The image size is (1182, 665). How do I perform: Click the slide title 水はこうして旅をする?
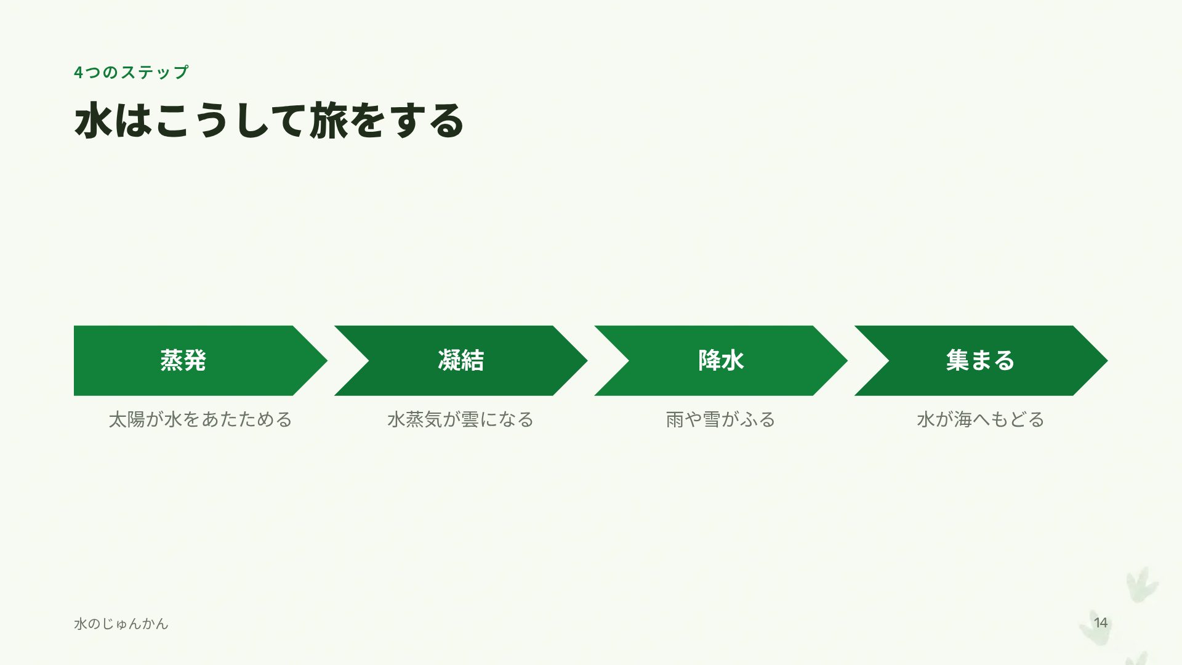click(x=269, y=121)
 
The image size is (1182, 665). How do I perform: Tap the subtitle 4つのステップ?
click(x=131, y=73)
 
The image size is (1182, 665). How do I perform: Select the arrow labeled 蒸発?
click(x=201, y=361)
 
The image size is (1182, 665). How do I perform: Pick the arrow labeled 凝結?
click(x=460, y=361)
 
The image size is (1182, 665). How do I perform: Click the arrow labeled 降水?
click(x=721, y=361)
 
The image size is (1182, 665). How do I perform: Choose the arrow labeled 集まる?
click(x=981, y=361)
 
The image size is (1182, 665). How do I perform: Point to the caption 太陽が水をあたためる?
click(x=201, y=420)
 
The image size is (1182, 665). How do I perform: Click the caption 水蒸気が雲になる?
click(x=460, y=420)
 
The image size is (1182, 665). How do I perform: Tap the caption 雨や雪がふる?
click(x=721, y=420)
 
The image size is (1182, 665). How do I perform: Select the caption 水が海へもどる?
click(x=981, y=420)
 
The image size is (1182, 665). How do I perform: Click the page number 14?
click(x=1101, y=623)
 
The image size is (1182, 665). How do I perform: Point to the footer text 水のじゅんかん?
click(x=121, y=624)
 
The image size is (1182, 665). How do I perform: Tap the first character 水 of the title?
click(x=93, y=121)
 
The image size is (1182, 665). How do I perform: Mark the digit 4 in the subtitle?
click(x=78, y=73)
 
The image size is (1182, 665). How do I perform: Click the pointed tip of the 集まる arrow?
click(x=1107, y=361)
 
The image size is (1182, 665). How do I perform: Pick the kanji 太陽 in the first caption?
click(x=127, y=420)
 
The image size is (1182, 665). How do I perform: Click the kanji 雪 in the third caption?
click(x=712, y=420)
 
